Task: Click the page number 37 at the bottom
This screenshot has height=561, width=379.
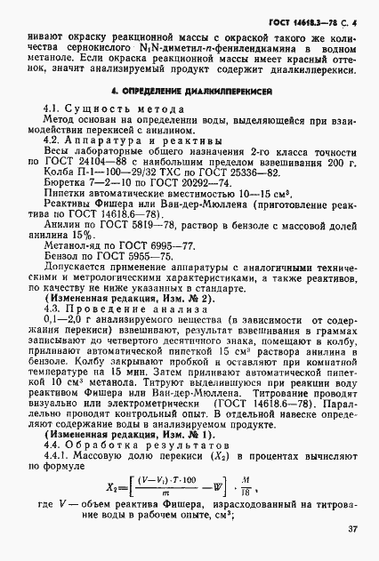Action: click(x=352, y=529)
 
